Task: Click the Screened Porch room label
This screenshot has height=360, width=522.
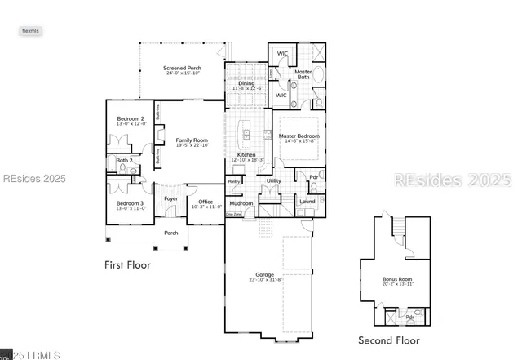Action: tap(181, 69)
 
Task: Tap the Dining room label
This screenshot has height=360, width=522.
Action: tap(246, 83)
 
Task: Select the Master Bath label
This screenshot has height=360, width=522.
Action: tap(303, 74)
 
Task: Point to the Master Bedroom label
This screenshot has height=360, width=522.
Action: tap(299, 136)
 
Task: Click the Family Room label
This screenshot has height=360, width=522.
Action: tap(192, 140)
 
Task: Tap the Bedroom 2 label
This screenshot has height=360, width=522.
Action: tap(130, 119)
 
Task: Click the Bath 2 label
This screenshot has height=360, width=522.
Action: tap(124, 160)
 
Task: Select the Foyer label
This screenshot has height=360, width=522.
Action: tap(171, 198)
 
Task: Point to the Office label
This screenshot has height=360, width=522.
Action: tap(206, 202)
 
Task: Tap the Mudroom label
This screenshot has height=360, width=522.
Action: tap(241, 202)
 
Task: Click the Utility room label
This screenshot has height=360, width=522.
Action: tap(274, 180)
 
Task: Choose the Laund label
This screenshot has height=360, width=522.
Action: tap(307, 201)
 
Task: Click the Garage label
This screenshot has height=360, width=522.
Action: tap(264, 275)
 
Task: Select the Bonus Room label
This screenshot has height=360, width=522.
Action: tap(397, 279)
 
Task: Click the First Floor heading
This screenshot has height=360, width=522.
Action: tap(127, 264)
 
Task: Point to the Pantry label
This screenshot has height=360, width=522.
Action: tap(234, 181)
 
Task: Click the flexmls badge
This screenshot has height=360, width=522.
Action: tap(30, 30)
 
